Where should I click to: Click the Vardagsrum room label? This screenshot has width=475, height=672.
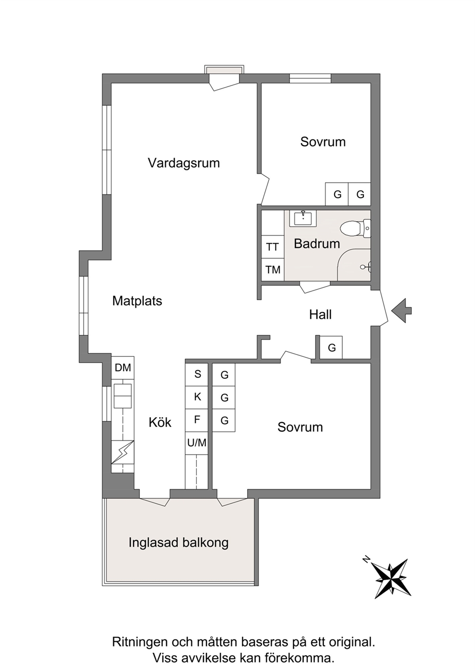pos(184,163)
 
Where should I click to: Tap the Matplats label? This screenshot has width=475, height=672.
pos(137,301)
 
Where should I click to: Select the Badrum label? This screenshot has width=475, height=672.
pos(317,244)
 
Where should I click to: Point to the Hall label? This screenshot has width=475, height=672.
pos(320,315)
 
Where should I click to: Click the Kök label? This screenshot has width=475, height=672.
pos(160,422)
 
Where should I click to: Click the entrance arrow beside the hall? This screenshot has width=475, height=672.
pos(402,311)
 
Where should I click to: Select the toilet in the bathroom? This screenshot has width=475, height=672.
pos(355,228)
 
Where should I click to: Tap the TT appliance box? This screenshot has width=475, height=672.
pos(272,247)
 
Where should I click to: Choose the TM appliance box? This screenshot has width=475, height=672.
pos(272,270)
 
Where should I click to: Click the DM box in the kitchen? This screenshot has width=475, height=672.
pos(123,367)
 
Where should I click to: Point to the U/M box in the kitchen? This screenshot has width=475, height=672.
pos(197,443)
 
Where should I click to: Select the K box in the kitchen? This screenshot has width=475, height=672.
pos(197,398)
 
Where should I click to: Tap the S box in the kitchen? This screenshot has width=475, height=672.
pos(197,375)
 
